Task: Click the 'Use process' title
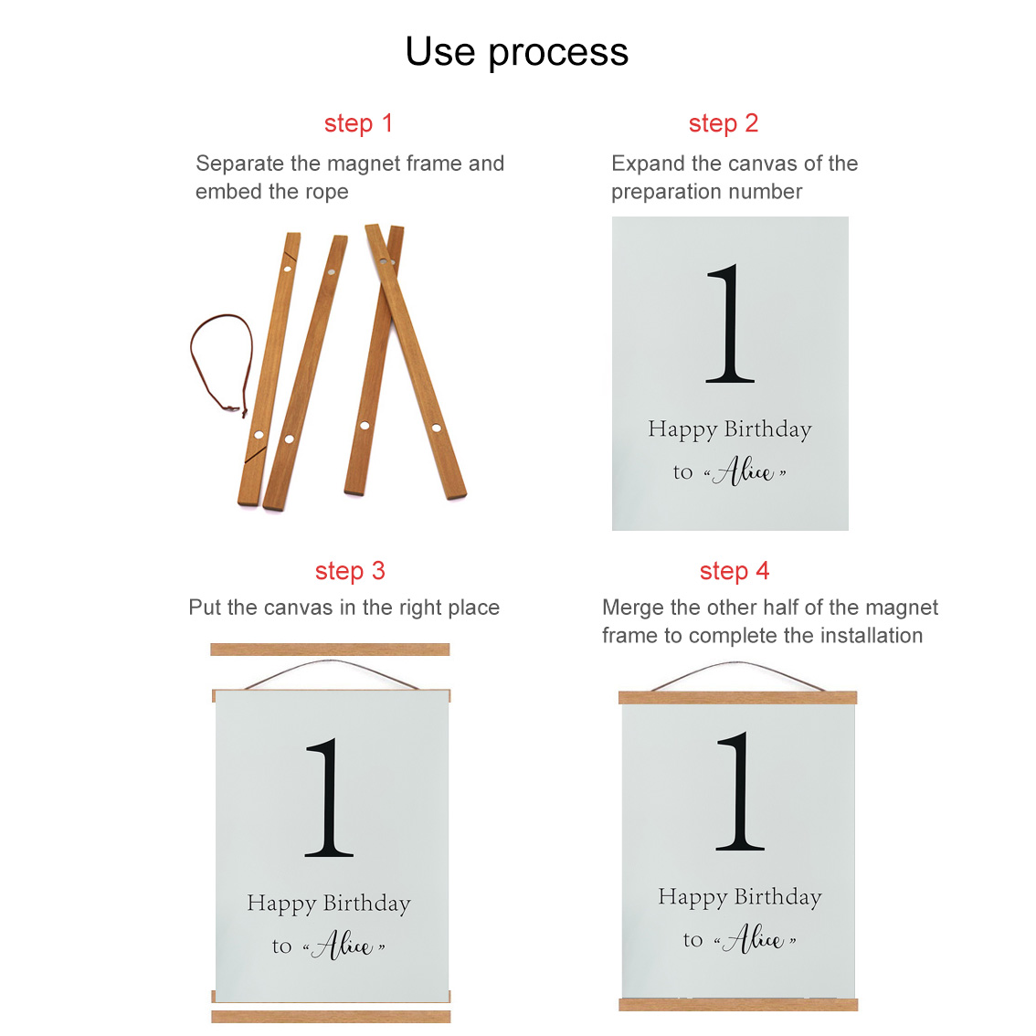tap(517, 52)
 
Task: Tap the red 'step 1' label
tap(358, 123)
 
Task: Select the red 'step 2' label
tap(723, 123)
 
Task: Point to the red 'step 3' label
tap(350, 571)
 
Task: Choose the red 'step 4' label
tap(734, 571)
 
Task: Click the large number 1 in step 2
tap(729, 323)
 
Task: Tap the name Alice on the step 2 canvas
tap(745, 471)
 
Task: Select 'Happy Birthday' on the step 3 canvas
tap(329, 904)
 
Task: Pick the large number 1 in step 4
tap(740, 791)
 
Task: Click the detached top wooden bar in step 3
tap(330, 650)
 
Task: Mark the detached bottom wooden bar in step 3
tap(331, 1016)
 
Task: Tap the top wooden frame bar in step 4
tap(737, 698)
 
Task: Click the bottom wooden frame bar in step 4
tap(738, 1005)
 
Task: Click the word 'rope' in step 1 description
tap(326, 192)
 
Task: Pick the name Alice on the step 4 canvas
tap(756, 939)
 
